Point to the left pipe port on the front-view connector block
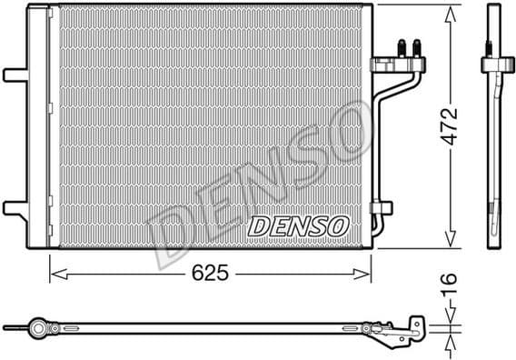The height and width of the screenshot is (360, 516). (401, 47)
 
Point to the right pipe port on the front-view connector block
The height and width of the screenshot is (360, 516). (416, 47)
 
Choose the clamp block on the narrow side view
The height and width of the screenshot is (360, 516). (496, 66)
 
